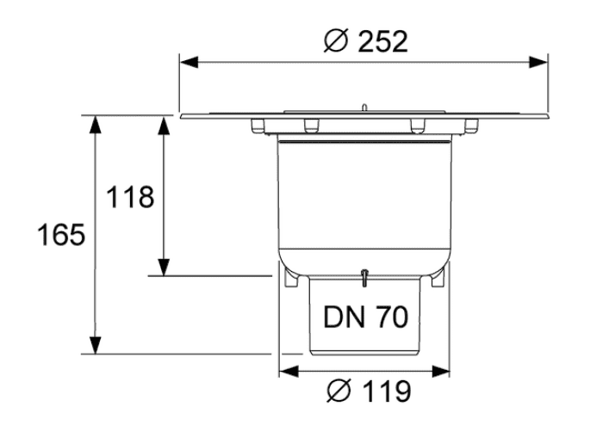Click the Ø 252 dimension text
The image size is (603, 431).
click(x=365, y=41)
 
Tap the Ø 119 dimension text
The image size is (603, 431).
click(x=369, y=391)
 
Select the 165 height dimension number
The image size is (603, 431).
click(x=61, y=234)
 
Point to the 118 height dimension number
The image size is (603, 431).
click(x=129, y=197)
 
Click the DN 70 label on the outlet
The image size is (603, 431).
click(x=365, y=317)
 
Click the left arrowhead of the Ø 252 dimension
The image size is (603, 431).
click(x=189, y=62)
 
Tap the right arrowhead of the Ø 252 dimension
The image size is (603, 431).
click(x=538, y=62)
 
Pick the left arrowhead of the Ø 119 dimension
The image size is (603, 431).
click(x=289, y=372)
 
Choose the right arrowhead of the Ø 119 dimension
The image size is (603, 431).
click(x=441, y=372)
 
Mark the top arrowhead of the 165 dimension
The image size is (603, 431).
click(x=95, y=125)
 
